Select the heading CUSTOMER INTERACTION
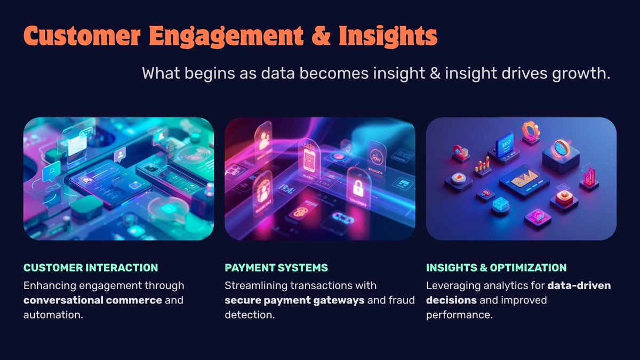[91, 268]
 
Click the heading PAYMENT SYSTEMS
[276, 268]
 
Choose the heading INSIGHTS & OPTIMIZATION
[496, 268]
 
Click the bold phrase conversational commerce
[93, 300]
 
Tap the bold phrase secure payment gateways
[294, 300]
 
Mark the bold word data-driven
[579, 285]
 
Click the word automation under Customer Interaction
[52, 315]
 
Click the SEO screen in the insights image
[505, 145]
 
